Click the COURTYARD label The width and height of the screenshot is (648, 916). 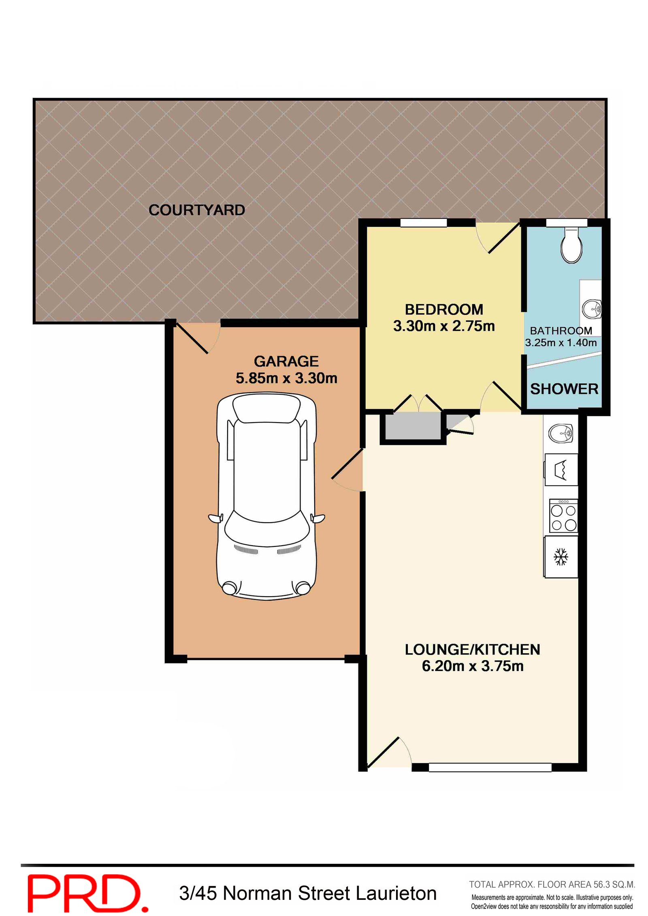point(197,210)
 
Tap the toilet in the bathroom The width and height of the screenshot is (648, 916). point(571,245)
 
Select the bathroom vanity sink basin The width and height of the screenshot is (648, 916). point(592,309)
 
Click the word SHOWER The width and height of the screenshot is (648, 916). point(564,389)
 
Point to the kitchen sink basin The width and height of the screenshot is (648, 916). point(561,434)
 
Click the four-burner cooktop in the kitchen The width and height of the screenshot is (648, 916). point(563,515)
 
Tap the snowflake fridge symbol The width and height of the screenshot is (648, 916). point(561,557)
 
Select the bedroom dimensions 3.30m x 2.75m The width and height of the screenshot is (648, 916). point(444,326)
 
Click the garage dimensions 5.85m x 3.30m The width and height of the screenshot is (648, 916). point(286,378)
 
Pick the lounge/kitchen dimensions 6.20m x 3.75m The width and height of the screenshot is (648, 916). point(473,666)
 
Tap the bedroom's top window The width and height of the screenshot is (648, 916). point(424,223)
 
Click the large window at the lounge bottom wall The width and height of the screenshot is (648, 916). point(490,767)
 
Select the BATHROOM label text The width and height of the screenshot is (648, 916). point(561,331)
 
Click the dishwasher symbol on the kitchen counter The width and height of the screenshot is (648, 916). point(561,470)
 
